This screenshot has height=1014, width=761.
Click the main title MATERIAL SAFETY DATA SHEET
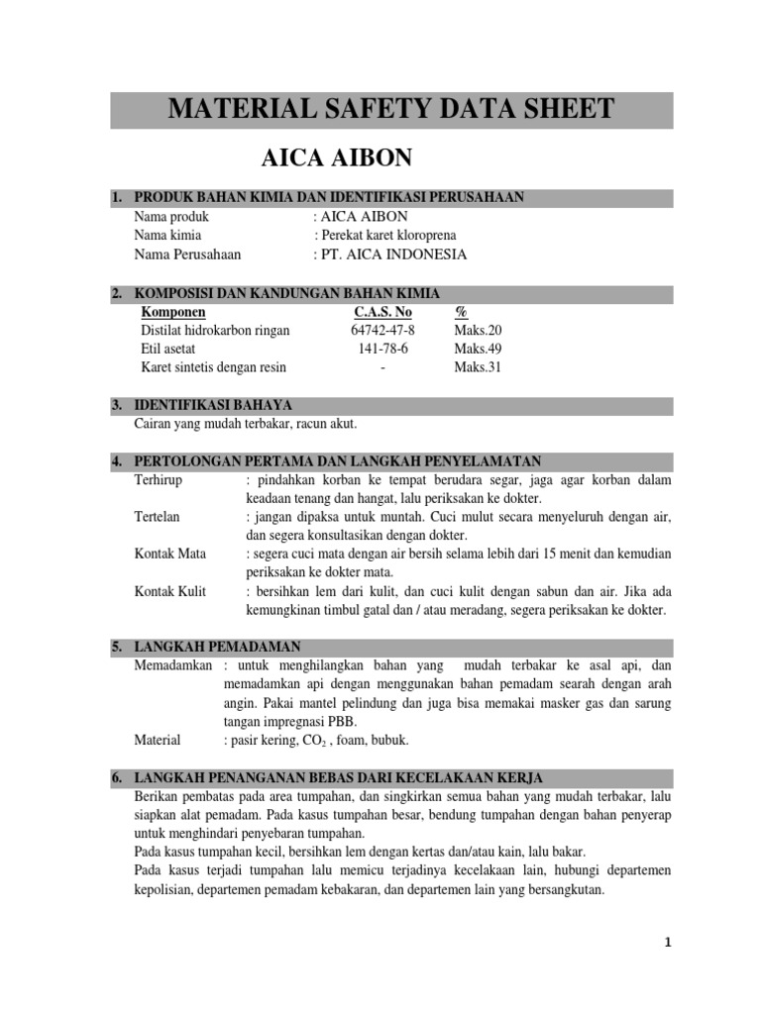(391, 109)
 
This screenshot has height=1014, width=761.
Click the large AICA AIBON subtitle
(335, 157)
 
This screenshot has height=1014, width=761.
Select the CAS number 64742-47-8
(382, 330)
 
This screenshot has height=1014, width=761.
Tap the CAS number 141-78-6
(382, 349)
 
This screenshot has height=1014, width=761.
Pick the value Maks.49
(479, 349)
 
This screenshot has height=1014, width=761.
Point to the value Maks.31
(479, 367)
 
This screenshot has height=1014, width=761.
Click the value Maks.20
(479, 330)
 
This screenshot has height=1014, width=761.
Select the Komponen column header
(173, 312)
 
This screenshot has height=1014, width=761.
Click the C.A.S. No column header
(382, 312)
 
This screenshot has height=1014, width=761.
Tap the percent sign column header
(461, 312)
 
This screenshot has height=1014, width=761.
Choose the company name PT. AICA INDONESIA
(392, 254)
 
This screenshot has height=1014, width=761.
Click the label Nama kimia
(167, 236)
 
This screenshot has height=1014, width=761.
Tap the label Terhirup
(159, 480)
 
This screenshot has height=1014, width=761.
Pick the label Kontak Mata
(169, 555)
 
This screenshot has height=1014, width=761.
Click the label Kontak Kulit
(169, 591)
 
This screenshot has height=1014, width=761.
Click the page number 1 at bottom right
(668, 944)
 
